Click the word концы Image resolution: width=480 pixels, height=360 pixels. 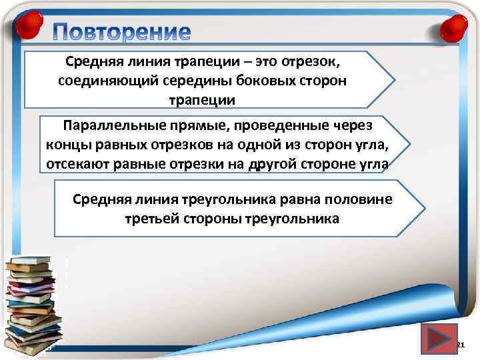68,145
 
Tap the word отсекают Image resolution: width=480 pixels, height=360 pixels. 77,164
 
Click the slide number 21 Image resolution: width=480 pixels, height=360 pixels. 459,345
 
